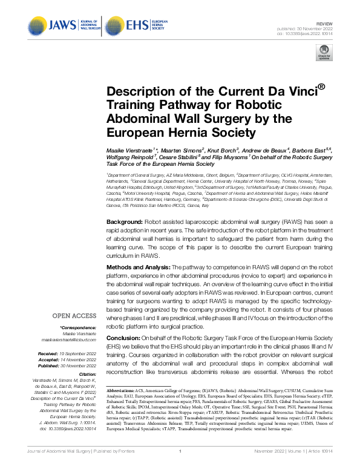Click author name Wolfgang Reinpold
coord(129,156)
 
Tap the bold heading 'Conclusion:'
coord(125,338)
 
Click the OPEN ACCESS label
coord(74,315)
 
